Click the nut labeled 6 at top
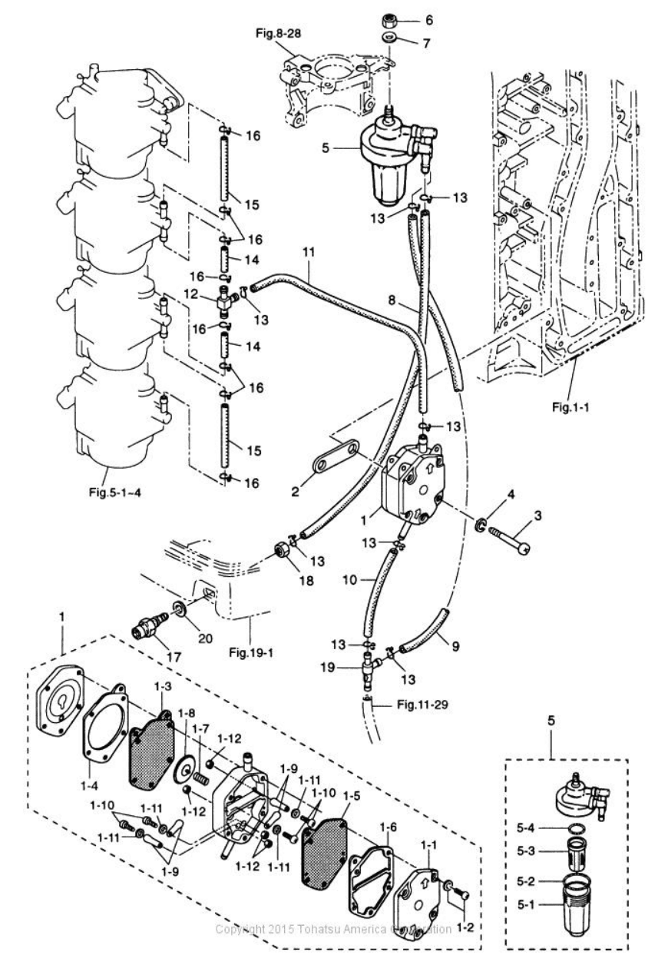389,20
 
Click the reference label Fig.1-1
570,406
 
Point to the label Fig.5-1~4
115,492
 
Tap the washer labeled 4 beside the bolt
479,526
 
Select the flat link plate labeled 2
336,457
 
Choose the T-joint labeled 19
369,673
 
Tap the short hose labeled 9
424,630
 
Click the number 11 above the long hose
308,252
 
